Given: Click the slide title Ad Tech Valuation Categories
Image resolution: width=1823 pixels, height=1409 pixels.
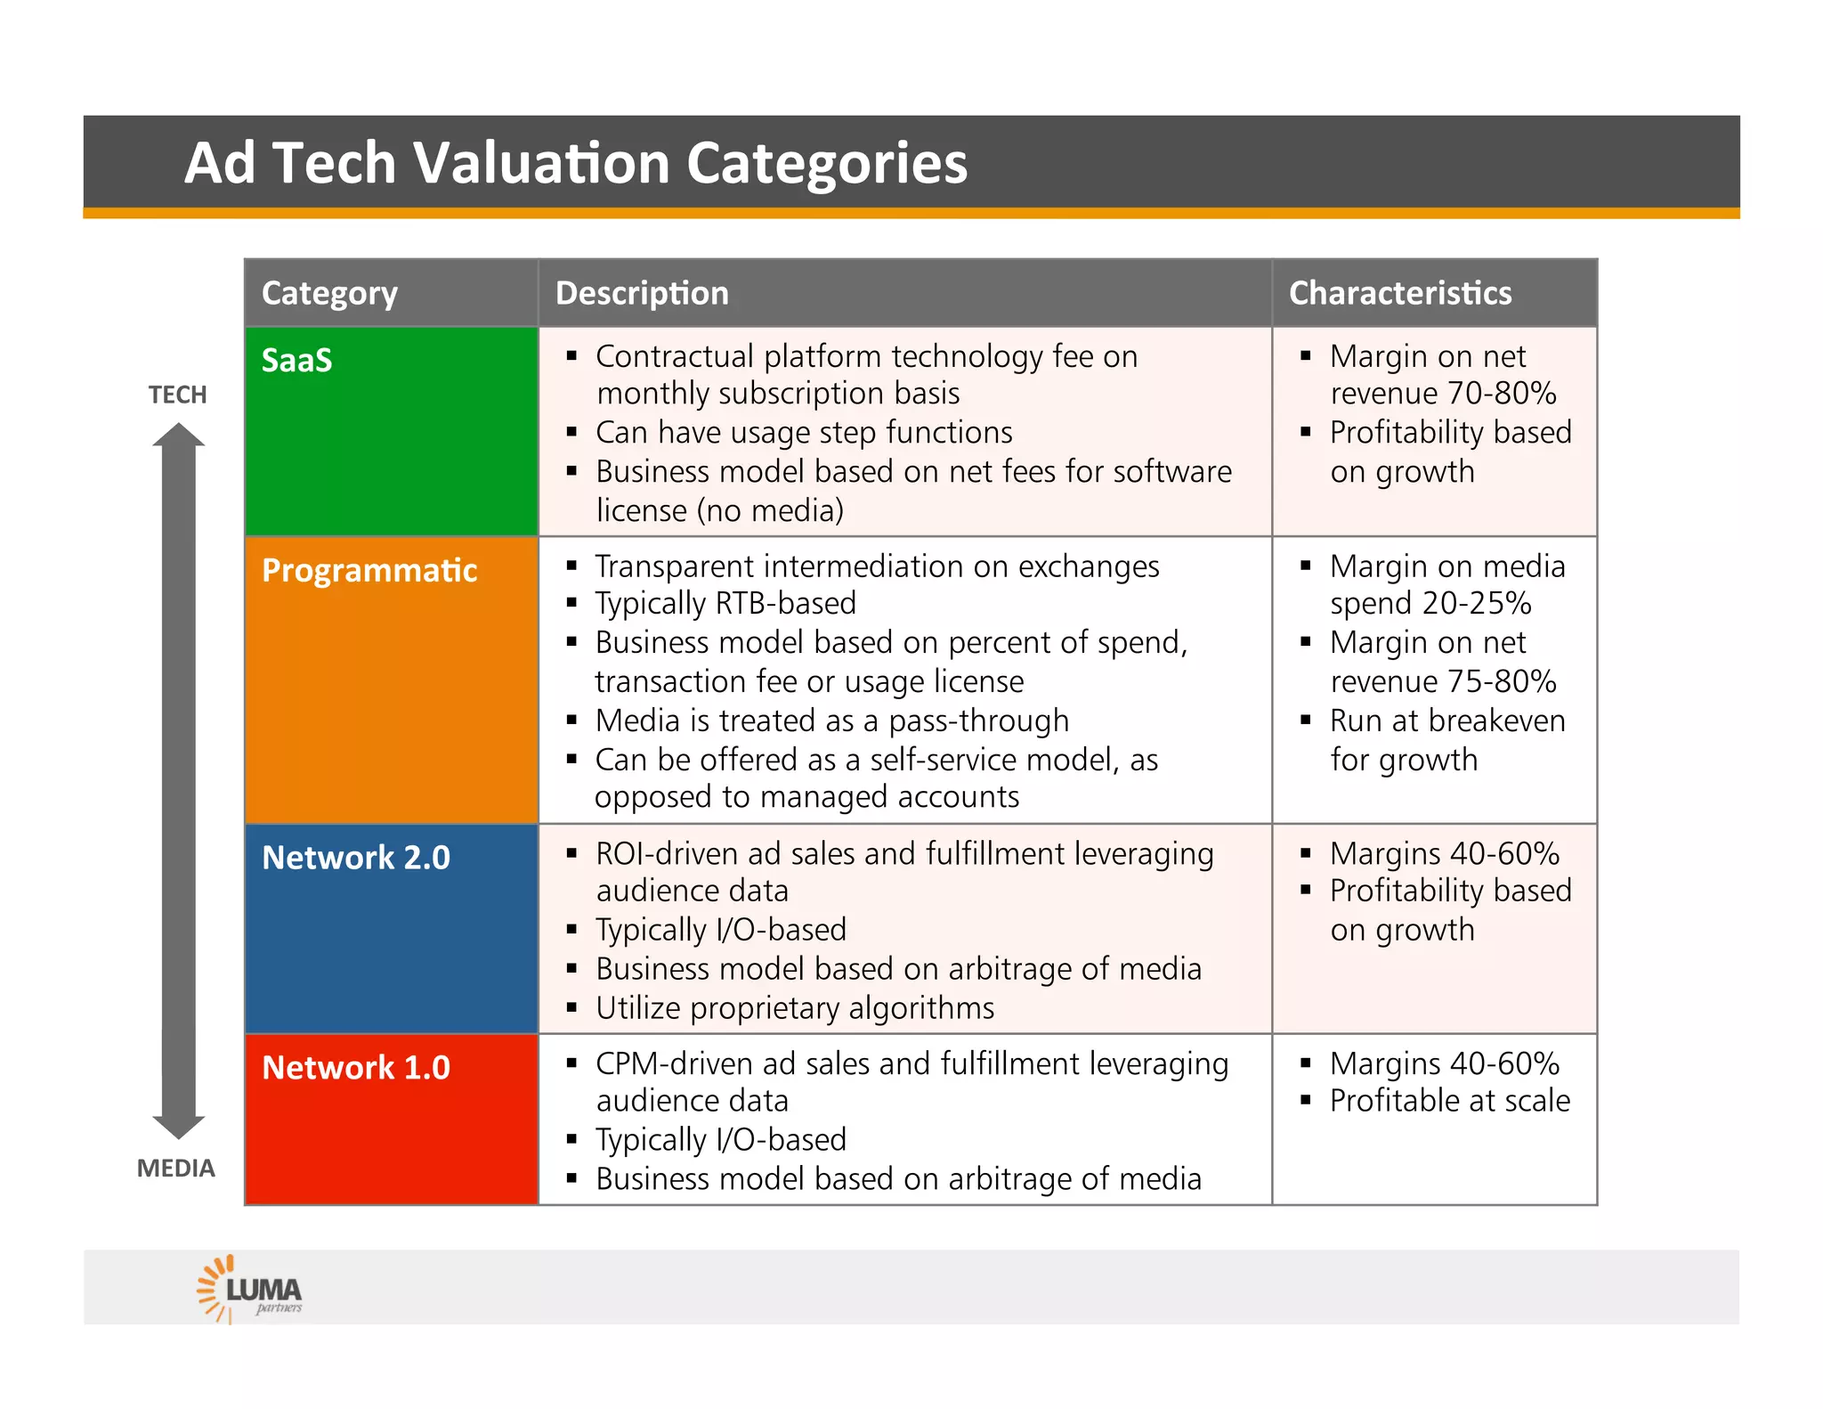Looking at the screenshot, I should [x=575, y=163].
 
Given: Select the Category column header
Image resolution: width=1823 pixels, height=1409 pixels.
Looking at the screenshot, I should [x=329, y=293].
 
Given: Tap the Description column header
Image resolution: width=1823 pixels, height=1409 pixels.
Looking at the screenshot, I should [x=642, y=293].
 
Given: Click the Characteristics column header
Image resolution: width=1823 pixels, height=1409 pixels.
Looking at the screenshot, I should [x=1399, y=293].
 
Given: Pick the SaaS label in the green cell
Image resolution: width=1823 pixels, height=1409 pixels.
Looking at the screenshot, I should [x=296, y=361].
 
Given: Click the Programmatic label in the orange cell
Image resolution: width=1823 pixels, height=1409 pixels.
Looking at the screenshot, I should [x=369, y=571].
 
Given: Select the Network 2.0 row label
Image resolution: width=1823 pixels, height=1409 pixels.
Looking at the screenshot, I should [x=356, y=858].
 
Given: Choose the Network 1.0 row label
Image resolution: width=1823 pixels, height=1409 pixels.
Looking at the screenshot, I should [x=356, y=1068].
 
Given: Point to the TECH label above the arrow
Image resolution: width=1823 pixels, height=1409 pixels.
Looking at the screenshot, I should [x=177, y=395].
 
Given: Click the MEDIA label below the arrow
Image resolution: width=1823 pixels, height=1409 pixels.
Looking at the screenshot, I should [x=176, y=1169].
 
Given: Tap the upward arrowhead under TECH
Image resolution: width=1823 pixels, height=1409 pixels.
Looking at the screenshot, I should [x=179, y=435].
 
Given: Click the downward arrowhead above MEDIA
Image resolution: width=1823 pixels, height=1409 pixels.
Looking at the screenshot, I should [x=179, y=1127].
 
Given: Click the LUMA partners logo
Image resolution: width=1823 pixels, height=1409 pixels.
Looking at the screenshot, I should [x=250, y=1289].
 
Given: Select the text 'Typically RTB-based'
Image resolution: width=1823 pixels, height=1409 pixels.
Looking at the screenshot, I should [x=725, y=604].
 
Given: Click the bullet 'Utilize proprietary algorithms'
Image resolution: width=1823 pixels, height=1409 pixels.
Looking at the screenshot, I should [x=795, y=1008].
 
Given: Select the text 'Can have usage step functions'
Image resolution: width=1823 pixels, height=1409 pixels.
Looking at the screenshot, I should [x=804, y=433].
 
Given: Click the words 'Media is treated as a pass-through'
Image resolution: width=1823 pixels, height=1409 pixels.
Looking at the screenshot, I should [x=831, y=721].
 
